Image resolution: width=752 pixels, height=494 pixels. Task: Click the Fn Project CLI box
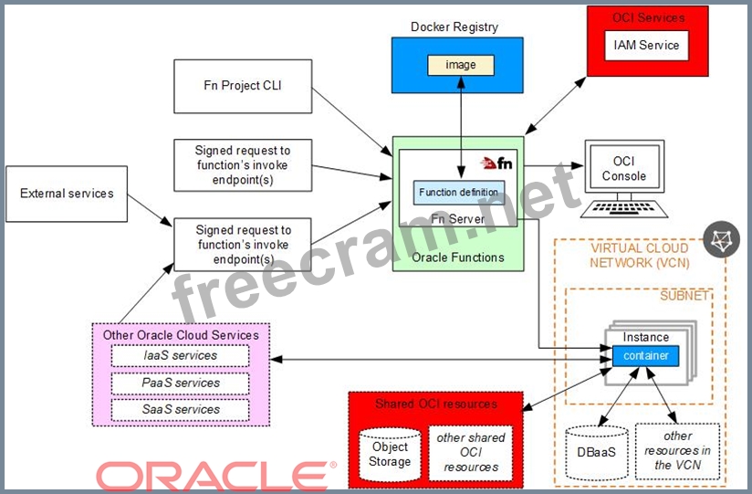[x=243, y=86]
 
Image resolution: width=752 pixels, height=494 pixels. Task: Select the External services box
[x=67, y=194]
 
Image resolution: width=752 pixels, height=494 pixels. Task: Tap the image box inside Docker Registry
[x=461, y=65]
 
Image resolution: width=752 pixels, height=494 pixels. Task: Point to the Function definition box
[x=458, y=193]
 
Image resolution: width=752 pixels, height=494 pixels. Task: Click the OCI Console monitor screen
[x=624, y=169]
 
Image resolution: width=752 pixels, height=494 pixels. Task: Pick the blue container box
[x=645, y=356]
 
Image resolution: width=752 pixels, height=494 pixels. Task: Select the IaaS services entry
[x=180, y=355]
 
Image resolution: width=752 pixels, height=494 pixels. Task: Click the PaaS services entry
[x=180, y=383]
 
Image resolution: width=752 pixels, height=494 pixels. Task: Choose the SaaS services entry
[x=180, y=410]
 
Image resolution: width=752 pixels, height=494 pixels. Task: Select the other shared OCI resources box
[x=471, y=452]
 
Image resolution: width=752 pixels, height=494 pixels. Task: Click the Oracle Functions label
[x=458, y=258]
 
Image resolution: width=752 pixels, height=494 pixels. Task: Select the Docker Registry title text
[x=454, y=26]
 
